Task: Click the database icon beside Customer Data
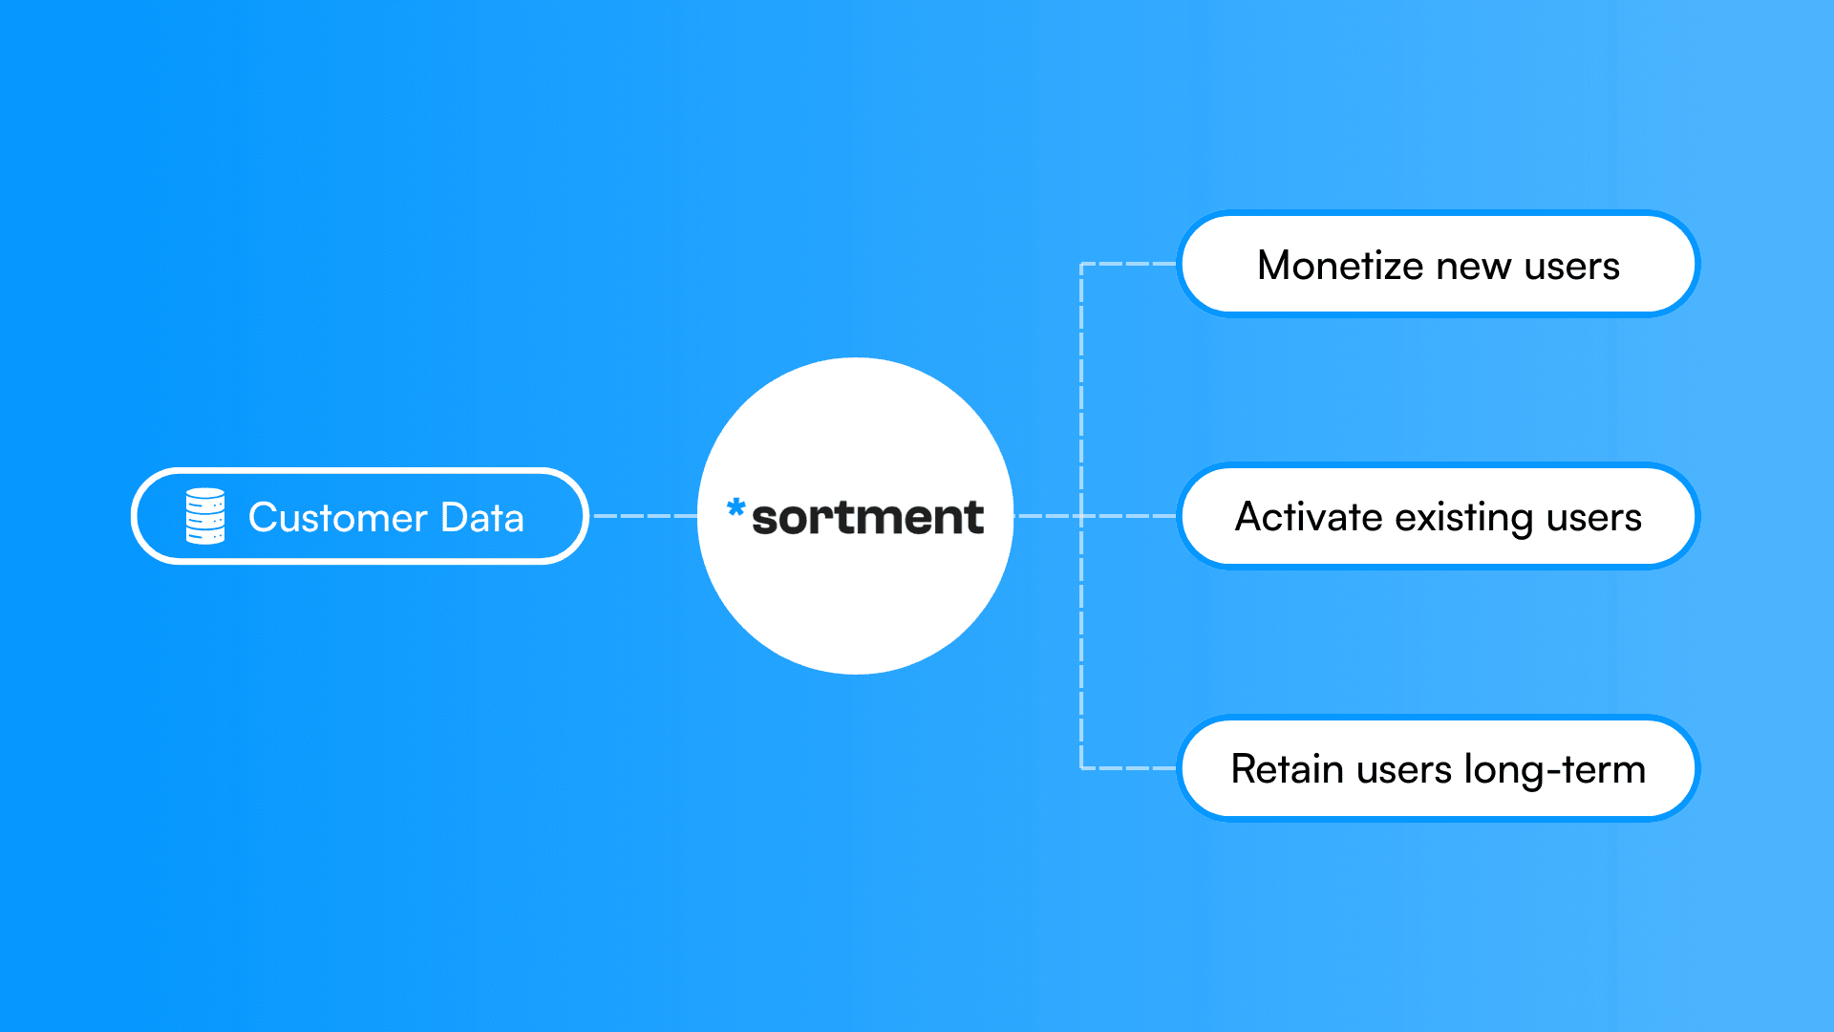[205, 516]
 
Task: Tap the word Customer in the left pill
[337, 518]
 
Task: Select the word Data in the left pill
[482, 518]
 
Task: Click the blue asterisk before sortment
[736, 507]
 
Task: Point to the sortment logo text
[867, 518]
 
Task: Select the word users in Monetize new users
[1572, 266]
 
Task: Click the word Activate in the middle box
[1309, 517]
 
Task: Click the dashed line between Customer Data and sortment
[645, 516]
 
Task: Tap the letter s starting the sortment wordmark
[767, 520]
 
